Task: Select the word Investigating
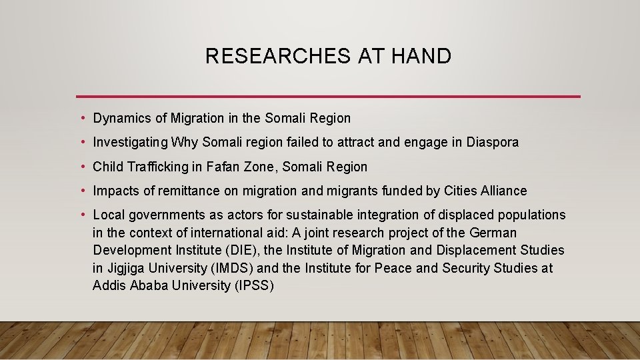130,143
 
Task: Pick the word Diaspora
493,142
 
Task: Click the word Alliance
503,191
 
